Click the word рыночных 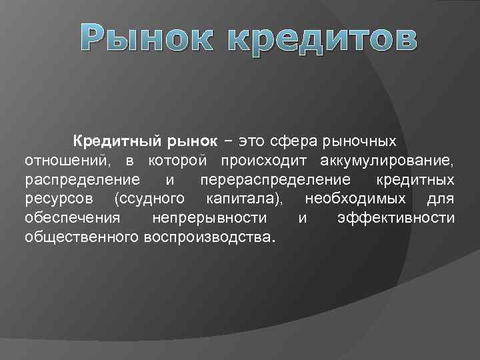pos(359,142)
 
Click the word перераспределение pos(275,180)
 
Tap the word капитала pos(244,199)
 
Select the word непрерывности pos(209,218)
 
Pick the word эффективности pos(396,218)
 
